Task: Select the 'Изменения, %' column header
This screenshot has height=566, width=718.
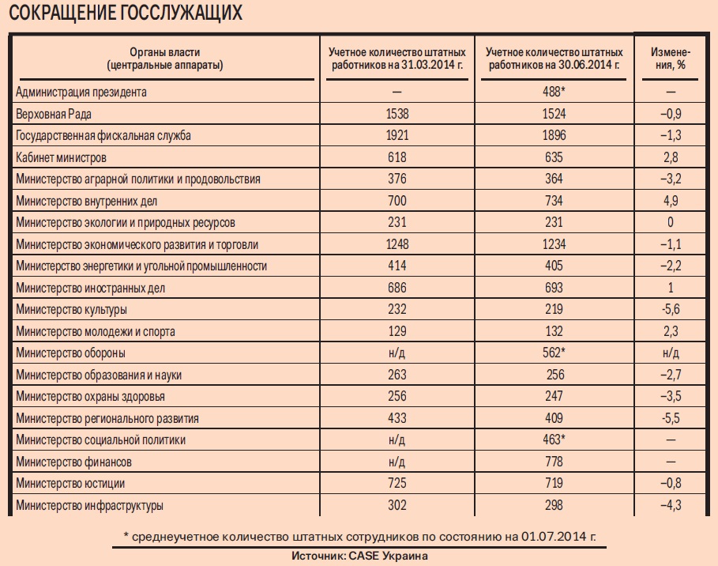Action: [x=674, y=58]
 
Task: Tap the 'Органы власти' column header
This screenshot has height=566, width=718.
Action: [x=164, y=58]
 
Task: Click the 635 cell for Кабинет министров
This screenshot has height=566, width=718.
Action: [x=558, y=157]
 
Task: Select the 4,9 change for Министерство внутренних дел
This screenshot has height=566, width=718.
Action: [x=675, y=201]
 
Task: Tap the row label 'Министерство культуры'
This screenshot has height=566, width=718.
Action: [x=71, y=309]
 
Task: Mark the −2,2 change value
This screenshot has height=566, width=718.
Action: [x=674, y=266]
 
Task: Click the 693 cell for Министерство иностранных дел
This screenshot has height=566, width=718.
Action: [x=558, y=288]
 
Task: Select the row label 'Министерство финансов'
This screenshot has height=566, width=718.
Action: [x=73, y=461]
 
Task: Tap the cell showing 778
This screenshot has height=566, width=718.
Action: [x=558, y=461]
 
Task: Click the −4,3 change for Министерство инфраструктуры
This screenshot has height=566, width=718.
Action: [x=674, y=504]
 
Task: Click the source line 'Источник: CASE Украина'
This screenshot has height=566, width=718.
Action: [x=359, y=556]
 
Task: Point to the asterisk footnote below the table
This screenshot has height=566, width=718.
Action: [x=360, y=537]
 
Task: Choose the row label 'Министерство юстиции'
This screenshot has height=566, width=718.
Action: [x=70, y=482]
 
